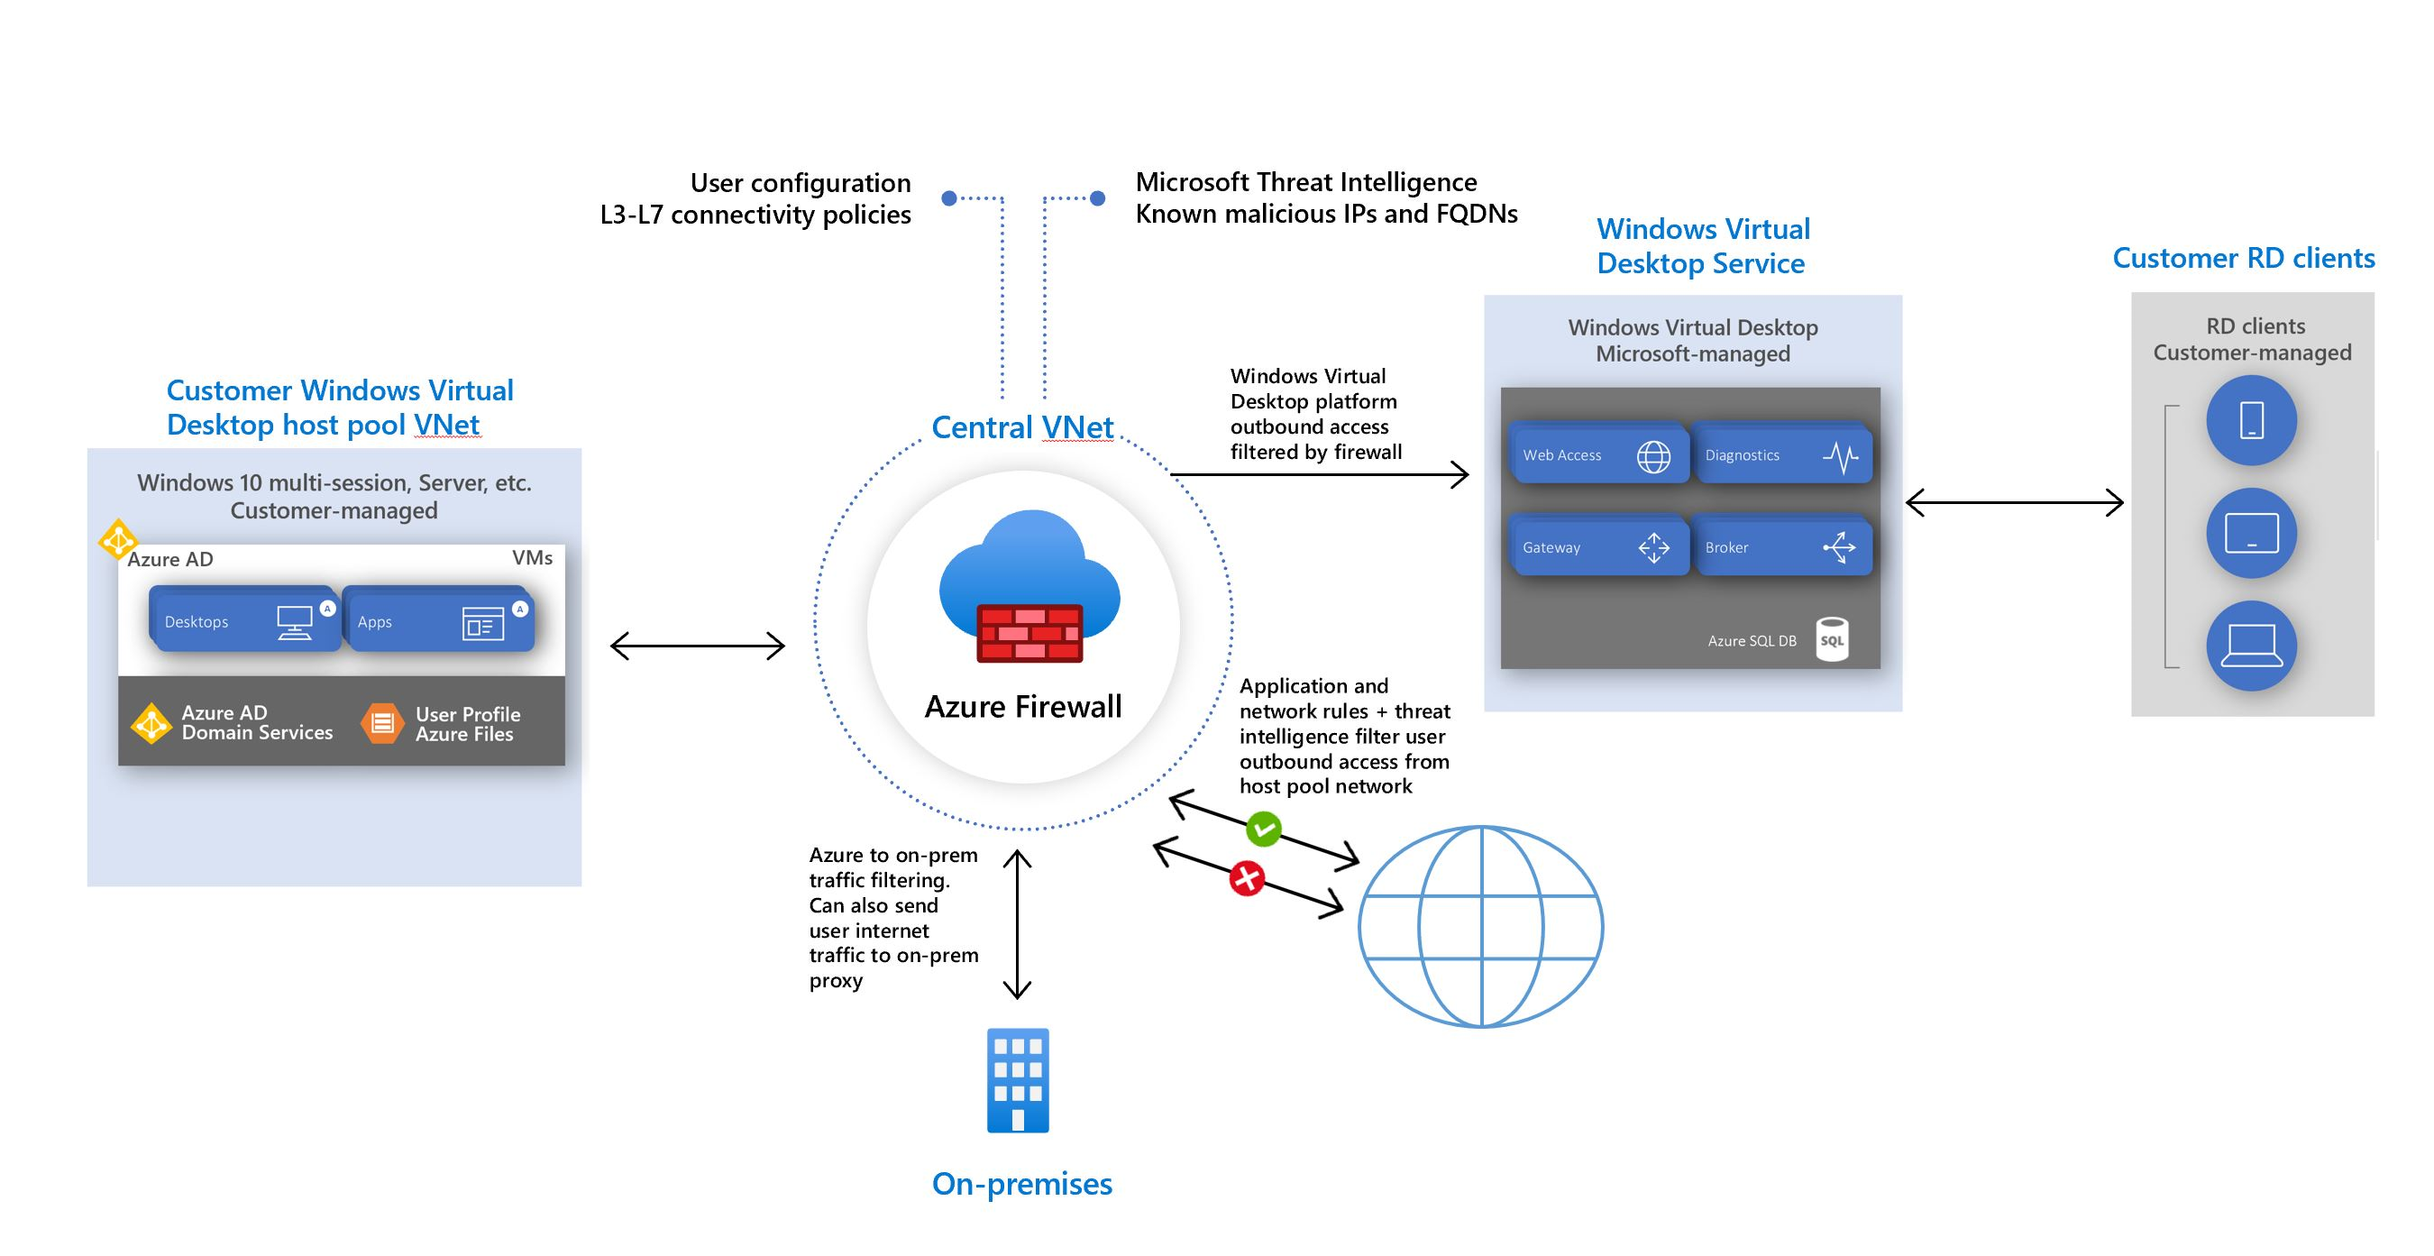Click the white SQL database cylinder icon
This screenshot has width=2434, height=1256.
pyautogui.click(x=1831, y=640)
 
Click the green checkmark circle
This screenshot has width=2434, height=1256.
pyautogui.click(x=1263, y=829)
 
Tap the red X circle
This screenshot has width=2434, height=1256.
pyautogui.click(x=1246, y=879)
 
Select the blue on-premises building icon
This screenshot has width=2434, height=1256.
pyautogui.click(x=1018, y=1080)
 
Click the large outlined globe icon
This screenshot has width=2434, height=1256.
pyautogui.click(x=1480, y=926)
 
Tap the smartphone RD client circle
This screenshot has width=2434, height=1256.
pyautogui.click(x=2251, y=420)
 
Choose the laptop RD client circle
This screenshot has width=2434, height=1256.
pyautogui.click(x=2251, y=646)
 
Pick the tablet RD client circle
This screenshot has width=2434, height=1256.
pyautogui.click(x=2251, y=533)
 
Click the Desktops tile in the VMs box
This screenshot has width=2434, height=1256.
pyautogui.click(x=244, y=621)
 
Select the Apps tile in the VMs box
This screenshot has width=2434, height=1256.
pyautogui.click(x=438, y=621)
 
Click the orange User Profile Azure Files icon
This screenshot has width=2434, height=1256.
pyautogui.click(x=381, y=723)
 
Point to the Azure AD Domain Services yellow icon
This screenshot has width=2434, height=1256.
pyautogui.click(x=151, y=723)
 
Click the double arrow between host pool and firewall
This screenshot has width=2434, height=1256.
pyautogui.click(x=698, y=646)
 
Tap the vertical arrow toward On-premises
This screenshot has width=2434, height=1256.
pyautogui.click(x=1017, y=924)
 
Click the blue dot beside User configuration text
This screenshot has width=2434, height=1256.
pyautogui.click(x=949, y=197)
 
